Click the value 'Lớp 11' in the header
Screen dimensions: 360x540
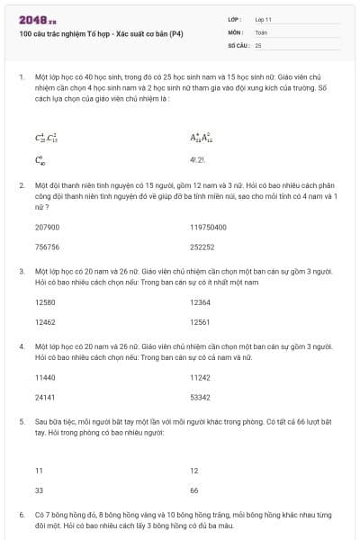(264, 19)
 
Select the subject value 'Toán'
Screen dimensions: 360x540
(261, 31)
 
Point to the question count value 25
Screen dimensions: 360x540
(258, 44)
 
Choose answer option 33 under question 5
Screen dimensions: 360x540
(39, 490)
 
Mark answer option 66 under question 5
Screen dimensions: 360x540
(194, 490)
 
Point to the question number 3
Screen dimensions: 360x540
(21, 271)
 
